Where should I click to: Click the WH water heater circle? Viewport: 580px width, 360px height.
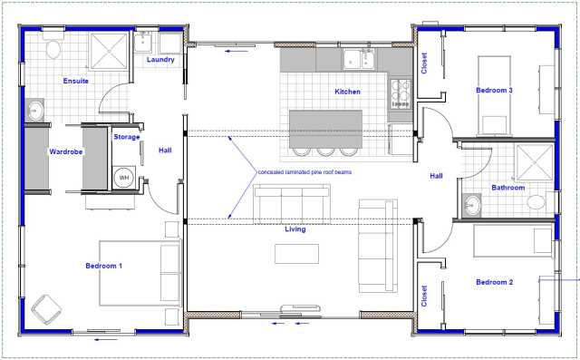pyautogui.click(x=124, y=178)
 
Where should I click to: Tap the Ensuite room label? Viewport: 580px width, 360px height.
pyautogui.click(x=76, y=81)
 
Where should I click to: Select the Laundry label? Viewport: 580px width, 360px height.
pyautogui.click(x=160, y=60)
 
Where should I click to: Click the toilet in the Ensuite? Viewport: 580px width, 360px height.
pyautogui.click(x=53, y=47)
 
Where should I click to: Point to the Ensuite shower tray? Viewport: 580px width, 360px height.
pyautogui.click(x=109, y=52)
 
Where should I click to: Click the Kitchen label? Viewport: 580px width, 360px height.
pyautogui.click(x=347, y=92)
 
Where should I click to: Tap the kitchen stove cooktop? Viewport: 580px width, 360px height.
pyautogui.click(x=401, y=94)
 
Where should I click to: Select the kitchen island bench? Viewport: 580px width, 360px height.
pyautogui.click(x=325, y=129)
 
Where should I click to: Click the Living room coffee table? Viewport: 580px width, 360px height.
pyautogui.click(x=296, y=254)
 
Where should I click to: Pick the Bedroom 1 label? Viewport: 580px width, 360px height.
pyautogui.click(x=103, y=266)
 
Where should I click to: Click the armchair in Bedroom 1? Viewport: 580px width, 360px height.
pyautogui.click(x=46, y=310)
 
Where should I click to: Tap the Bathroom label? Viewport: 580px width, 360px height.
pyautogui.click(x=508, y=188)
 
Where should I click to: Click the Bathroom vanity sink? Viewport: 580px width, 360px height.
pyautogui.click(x=471, y=205)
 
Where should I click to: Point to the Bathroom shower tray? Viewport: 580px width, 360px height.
pyautogui.click(x=535, y=163)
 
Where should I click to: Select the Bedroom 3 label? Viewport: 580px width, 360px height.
pyautogui.click(x=494, y=91)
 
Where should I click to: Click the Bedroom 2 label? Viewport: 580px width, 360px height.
pyautogui.click(x=495, y=282)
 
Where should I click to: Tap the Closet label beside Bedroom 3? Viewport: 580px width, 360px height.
pyautogui.click(x=424, y=63)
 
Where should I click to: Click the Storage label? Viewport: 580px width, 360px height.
pyautogui.click(x=127, y=137)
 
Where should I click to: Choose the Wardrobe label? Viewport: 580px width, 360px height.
pyautogui.click(x=66, y=151)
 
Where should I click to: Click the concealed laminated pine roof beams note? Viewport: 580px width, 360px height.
pyautogui.click(x=304, y=172)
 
